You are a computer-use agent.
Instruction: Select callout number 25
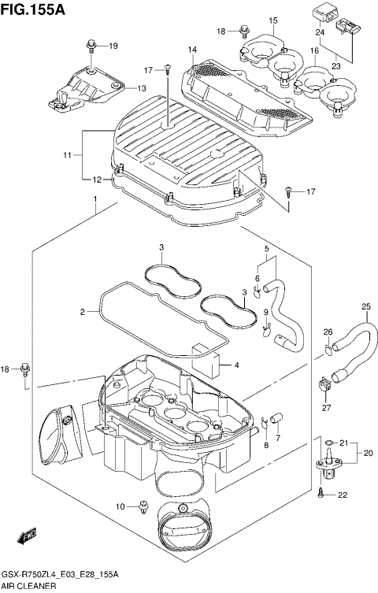(365, 306)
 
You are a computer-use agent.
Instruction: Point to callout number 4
(237, 365)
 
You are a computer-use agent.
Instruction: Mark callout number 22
(343, 495)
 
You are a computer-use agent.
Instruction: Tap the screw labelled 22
(323, 493)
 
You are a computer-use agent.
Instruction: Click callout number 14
(192, 50)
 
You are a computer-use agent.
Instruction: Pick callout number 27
(325, 407)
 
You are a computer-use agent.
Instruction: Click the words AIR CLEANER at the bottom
(28, 587)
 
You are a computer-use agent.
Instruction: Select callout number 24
(320, 33)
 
